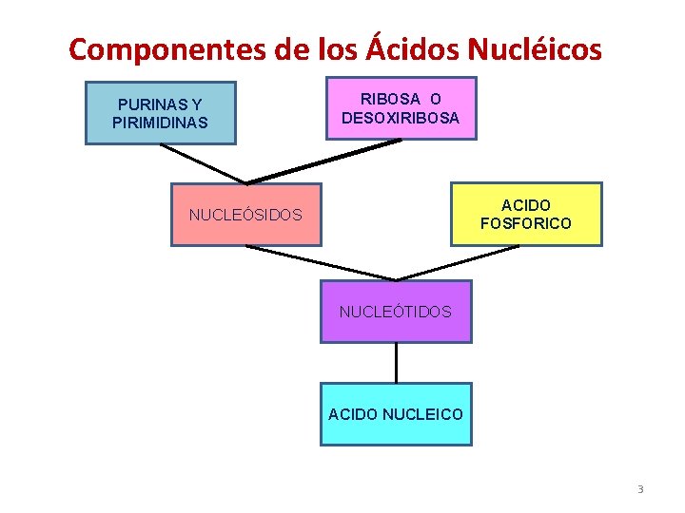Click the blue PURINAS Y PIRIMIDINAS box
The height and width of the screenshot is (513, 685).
point(160,113)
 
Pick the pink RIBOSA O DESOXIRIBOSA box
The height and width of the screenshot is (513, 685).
point(401,108)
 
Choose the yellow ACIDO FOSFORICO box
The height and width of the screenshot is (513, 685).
point(526,214)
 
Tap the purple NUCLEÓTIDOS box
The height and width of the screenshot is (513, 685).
point(396,311)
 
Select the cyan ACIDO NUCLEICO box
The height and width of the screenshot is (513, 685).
point(396,414)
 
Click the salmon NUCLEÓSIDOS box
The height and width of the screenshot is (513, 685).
point(245,215)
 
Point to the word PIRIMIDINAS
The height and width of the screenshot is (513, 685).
point(160,123)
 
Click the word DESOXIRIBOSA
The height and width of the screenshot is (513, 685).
point(401,118)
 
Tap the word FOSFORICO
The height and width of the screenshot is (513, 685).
point(526,223)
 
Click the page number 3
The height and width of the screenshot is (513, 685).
point(640,489)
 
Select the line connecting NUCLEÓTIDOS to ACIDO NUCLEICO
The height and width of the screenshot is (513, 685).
point(396,362)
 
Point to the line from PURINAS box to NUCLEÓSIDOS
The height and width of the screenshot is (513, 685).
point(203,163)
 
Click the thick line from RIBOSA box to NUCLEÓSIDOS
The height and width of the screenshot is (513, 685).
point(323,161)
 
